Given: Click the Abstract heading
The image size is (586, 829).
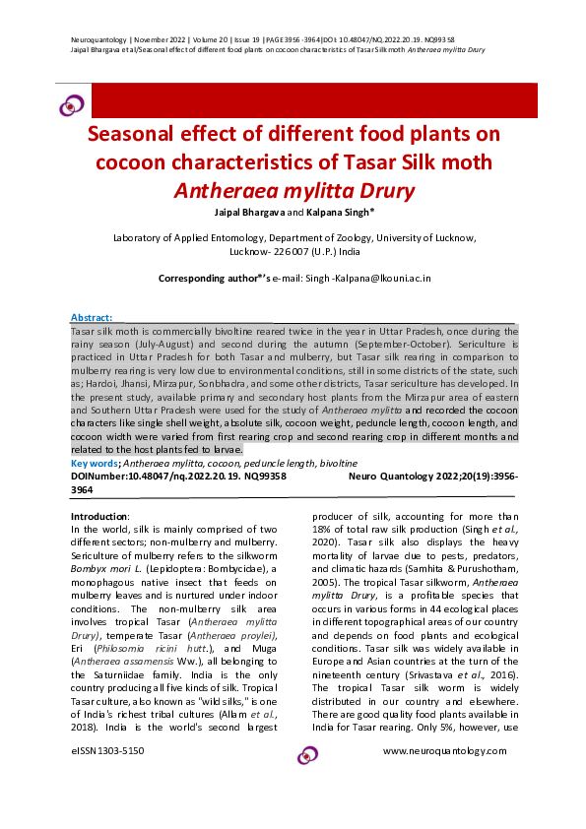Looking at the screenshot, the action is click(92, 318).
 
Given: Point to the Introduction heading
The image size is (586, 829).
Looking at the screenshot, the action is click(99, 517).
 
